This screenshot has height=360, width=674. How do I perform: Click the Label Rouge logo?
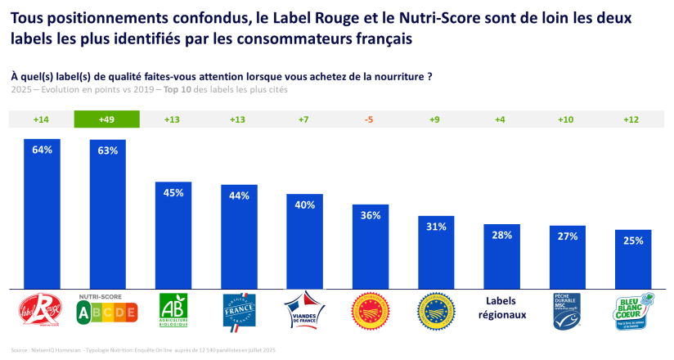(x=41, y=311)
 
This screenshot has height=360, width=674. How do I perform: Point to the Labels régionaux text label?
(x=501, y=308)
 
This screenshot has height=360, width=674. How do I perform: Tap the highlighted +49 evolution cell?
(x=107, y=119)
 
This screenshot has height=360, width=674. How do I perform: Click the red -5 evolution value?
(x=369, y=119)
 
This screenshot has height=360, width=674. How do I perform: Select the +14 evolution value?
(x=42, y=119)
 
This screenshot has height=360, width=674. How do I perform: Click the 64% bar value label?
(x=42, y=150)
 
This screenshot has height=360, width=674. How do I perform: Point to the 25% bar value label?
(x=633, y=241)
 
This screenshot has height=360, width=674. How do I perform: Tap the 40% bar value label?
(x=304, y=205)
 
